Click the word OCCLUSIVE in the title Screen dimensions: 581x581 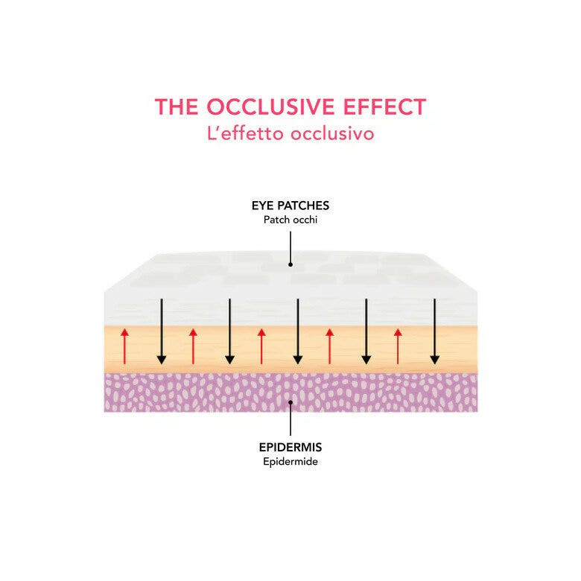tap(270, 107)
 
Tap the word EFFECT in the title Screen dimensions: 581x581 tap(385, 107)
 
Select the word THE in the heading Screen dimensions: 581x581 tap(177, 107)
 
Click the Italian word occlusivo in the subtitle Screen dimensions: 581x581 tap(332, 134)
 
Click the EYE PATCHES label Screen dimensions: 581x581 tap(290, 206)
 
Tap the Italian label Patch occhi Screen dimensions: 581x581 tap(290, 220)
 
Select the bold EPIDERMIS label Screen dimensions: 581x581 tap(290, 447)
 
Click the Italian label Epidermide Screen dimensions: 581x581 tap(290, 462)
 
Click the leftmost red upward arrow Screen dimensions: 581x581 tap(124, 346)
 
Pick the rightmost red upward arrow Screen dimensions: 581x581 tap(398, 346)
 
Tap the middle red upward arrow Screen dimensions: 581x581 tap(261, 346)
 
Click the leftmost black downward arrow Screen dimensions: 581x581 tap(161, 331)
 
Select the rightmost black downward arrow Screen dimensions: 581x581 tap(435, 331)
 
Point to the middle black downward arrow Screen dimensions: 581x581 tap(298, 331)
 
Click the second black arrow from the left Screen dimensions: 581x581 tap(229, 331)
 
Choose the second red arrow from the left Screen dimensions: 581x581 tap(193, 346)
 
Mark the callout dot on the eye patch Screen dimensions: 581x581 tap(290, 264)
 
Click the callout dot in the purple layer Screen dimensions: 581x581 tap(290, 402)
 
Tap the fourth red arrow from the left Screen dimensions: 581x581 tap(330, 346)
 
